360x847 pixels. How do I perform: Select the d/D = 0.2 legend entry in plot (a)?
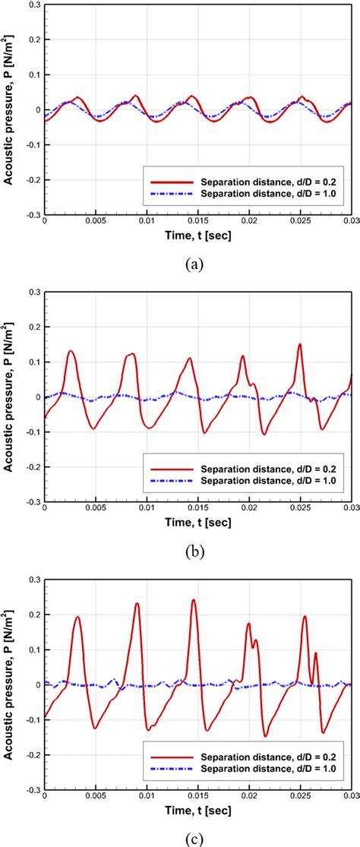pos(250,182)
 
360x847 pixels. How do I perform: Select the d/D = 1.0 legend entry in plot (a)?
pos(250,194)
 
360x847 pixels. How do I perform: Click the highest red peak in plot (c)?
pos(193,600)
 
